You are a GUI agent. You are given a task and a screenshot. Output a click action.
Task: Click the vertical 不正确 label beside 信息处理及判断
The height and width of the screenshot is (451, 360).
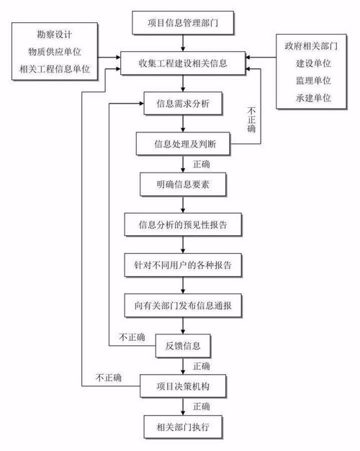tap(251, 121)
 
